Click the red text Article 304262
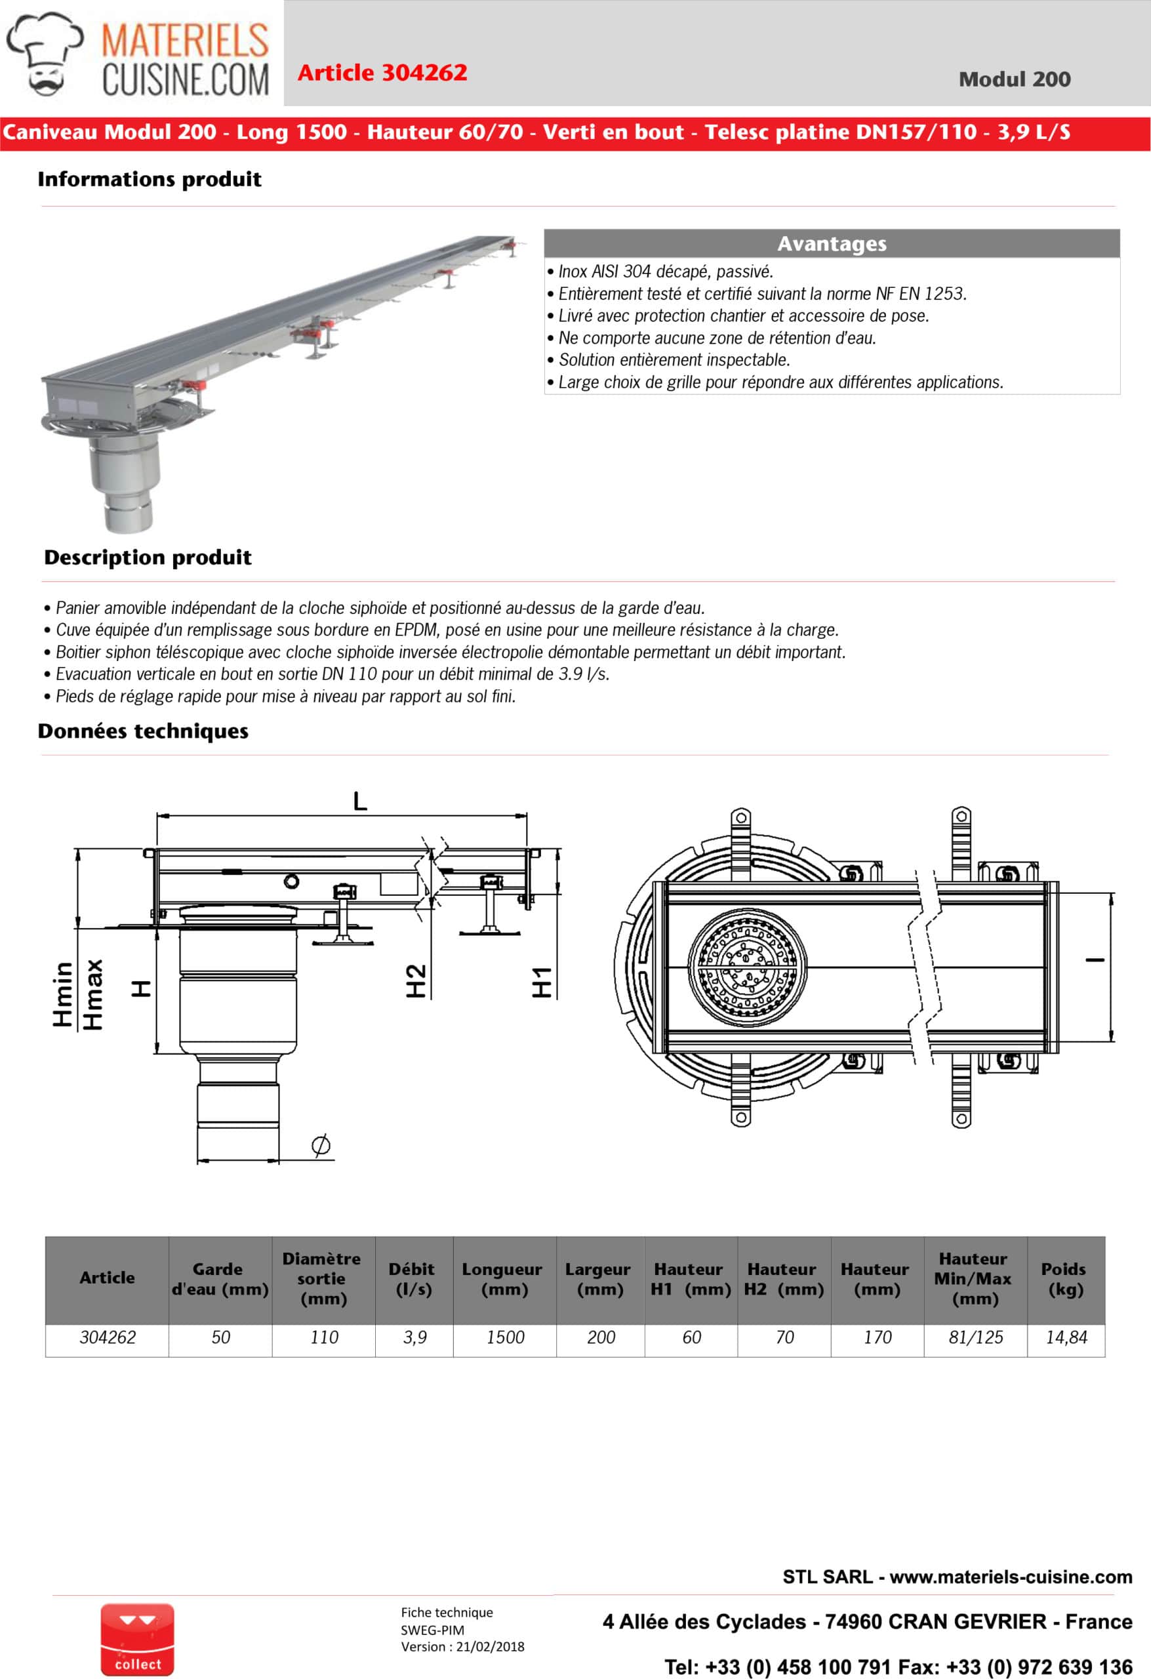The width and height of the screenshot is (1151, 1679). [x=382, y=72]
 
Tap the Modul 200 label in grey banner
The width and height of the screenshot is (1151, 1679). [x=1014, y=79]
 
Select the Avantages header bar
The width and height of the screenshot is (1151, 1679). [x=831, y=243]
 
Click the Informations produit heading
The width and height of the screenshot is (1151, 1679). [x=150, y=179]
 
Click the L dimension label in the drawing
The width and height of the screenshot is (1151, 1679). [x=360, y=801]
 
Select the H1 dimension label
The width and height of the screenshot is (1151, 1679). [x=542, y=982]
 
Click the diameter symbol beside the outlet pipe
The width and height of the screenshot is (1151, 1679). [x=321, y=1144]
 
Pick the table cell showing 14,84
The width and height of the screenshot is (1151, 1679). [x=1066, y=1337]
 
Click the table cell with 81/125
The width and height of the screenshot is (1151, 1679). [x=975, y=1337]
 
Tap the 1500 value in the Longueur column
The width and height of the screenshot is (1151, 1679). [x=504, y=1337]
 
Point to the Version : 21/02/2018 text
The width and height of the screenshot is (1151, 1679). [x=462, y=1646]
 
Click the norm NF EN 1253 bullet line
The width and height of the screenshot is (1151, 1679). [x=761, y=293]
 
